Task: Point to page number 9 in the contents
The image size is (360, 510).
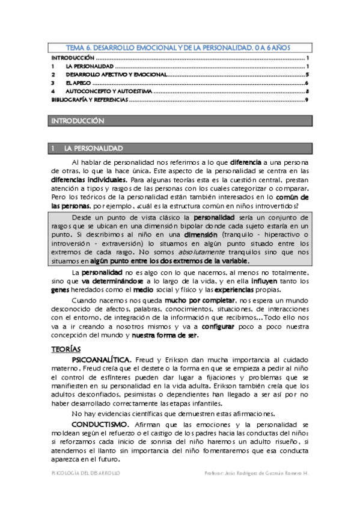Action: pos(307,99)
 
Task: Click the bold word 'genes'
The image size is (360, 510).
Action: pos(60,289)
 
